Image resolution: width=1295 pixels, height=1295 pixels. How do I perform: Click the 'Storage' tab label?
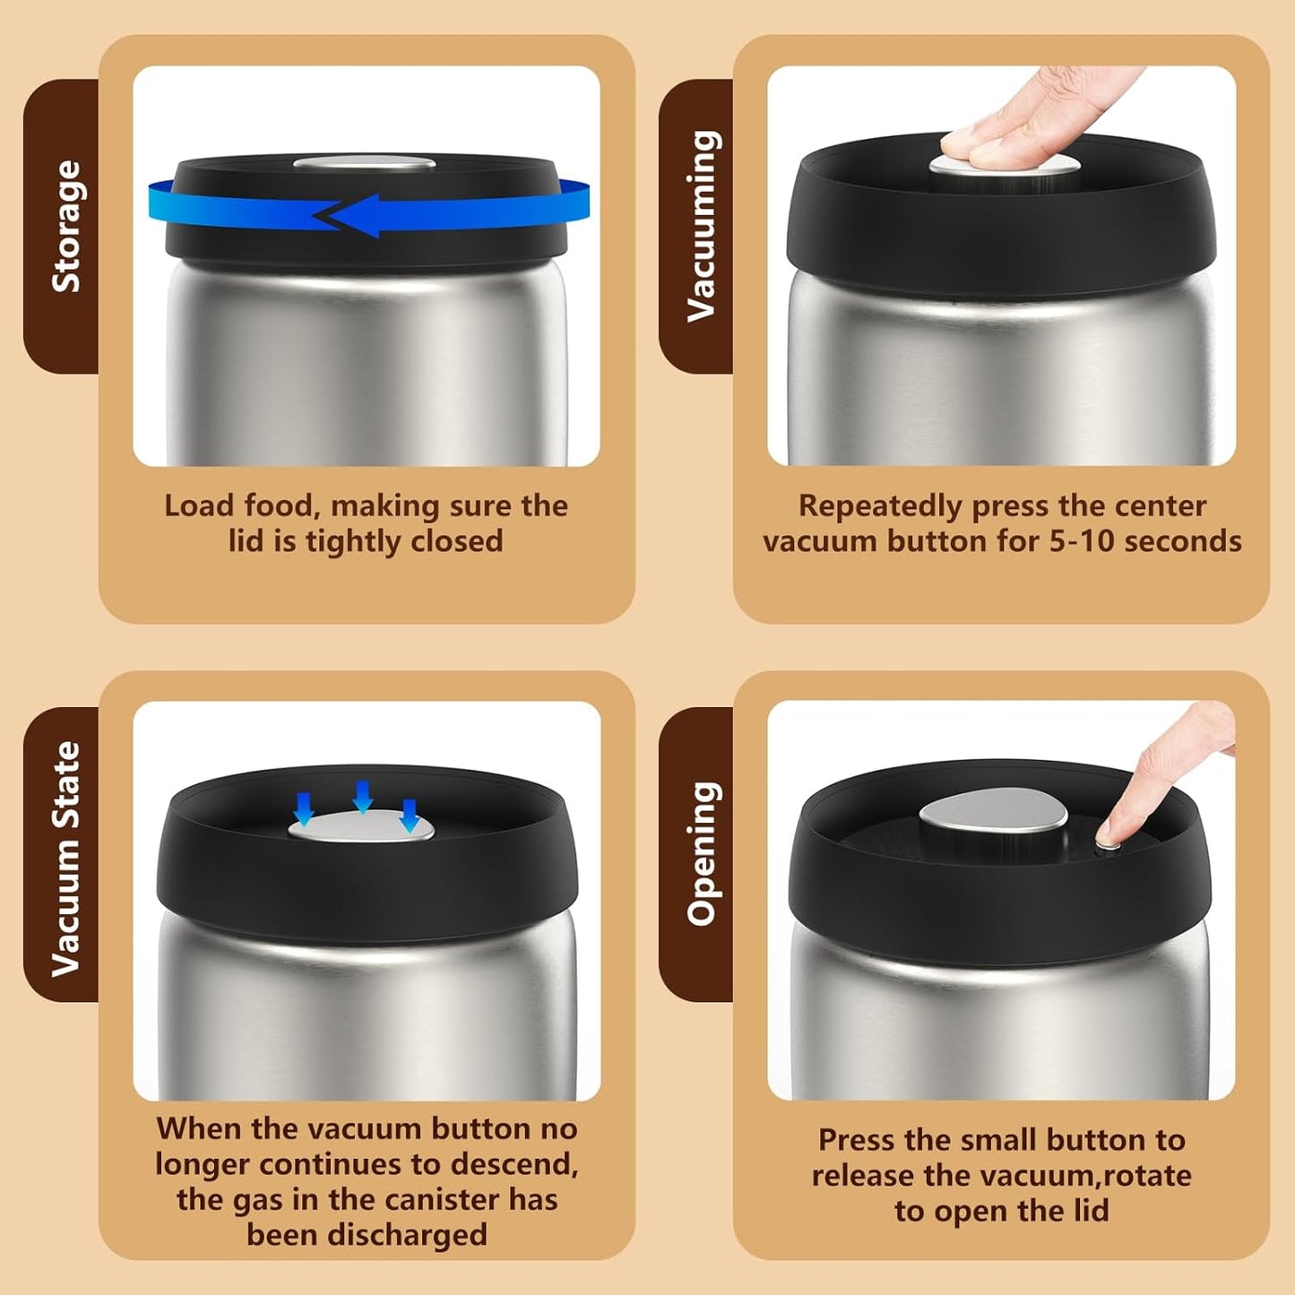(66, 226)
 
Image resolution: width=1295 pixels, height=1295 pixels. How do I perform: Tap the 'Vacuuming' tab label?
(702, 226)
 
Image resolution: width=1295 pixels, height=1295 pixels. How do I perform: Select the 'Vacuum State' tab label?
(66, 858)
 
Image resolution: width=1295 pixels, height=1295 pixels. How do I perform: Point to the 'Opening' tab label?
(702, 853)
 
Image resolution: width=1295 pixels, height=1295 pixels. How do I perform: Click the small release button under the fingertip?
(1109, 846)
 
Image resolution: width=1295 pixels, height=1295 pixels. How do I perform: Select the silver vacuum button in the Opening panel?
(993, 816)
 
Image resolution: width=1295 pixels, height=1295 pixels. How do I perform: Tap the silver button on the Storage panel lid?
(364, 163)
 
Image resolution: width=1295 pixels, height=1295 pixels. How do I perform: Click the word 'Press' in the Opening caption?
(857, 1140)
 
